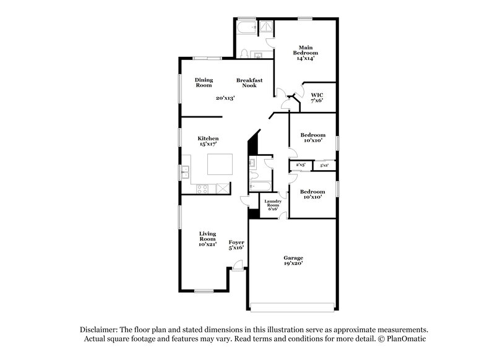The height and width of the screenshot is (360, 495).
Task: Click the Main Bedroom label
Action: (x=304, y=53)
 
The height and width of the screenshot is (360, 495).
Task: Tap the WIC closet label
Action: (x=317, y=98)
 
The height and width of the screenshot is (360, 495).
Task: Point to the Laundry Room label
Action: (x=273, y=205)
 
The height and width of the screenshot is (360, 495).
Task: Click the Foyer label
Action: (x=236, y=244)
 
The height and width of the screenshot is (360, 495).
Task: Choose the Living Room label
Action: (x=207, y=239)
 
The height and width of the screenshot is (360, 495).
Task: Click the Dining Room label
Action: (x=204, y=82)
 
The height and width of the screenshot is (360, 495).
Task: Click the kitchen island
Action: (x=220, y=165)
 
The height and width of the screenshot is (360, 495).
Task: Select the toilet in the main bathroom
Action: (x=245, y=53)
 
